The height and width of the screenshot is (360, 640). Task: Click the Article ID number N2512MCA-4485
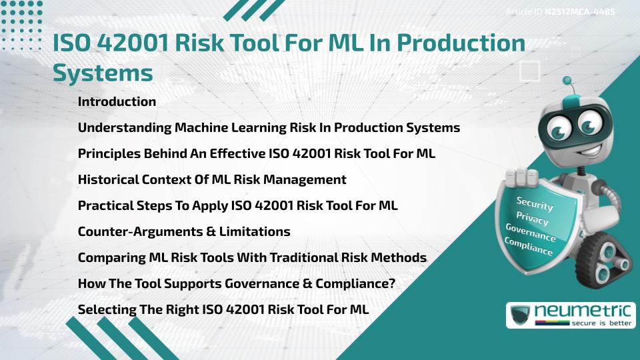tap(579, 12)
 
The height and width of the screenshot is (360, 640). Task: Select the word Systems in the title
tap(103, 73)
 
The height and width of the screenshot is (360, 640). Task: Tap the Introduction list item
tap(117, 102)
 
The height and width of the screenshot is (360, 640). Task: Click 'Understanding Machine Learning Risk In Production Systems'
tap(269, 127)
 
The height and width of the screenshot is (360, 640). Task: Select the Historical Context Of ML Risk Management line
tap(212, 179)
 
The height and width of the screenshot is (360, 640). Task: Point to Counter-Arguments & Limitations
tap(184, 231)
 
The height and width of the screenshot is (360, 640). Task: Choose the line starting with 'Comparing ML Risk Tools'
tap(252, 257)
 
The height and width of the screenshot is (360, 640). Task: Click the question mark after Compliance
tap(392, 283)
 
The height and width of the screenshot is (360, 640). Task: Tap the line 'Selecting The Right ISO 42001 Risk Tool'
tap(223, 309)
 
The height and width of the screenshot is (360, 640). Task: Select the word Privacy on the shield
tap(532, 218)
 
